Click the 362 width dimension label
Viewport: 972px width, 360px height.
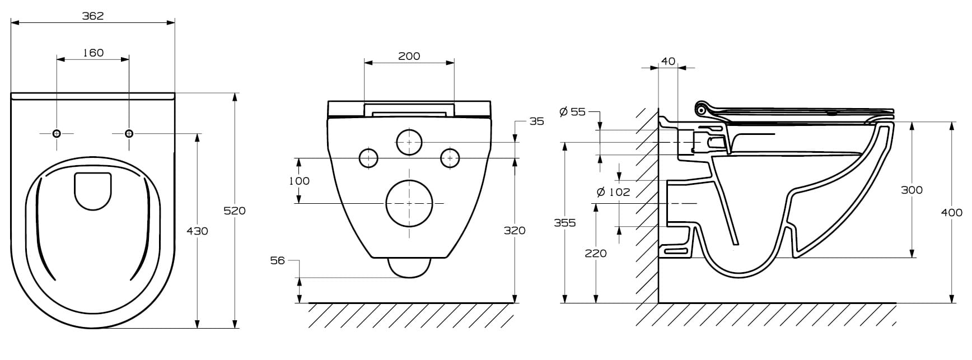click(x=93, y=16)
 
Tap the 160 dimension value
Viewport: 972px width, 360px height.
click(x=93, y=53)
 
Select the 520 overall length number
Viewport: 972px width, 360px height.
click(x=235, y=211)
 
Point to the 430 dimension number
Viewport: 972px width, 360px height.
click(x=197, y=231)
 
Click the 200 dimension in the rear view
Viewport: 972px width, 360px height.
click(x=409, y=56)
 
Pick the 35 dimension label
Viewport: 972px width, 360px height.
click(x=536, y=121)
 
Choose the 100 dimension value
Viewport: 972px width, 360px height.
click(x=298, y=181)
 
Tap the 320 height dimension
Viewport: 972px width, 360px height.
click(x=515, y=230)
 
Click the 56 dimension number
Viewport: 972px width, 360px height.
click(x=277, y=260)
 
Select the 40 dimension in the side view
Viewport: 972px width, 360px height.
click(x=669, y=62)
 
